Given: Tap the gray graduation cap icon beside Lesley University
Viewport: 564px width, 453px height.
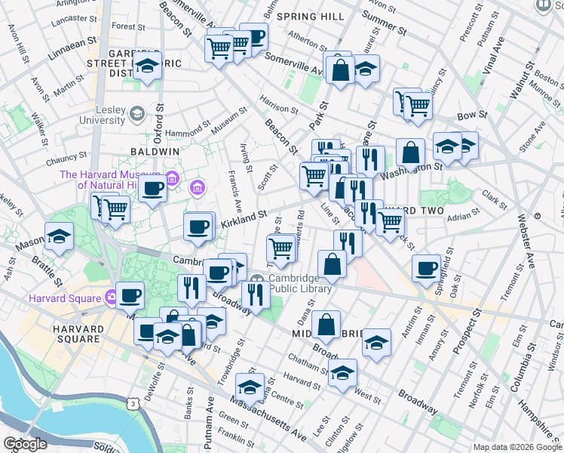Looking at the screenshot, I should click(x=136, y=114).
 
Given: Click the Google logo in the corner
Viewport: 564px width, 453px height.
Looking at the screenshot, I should click(x=25, y=444).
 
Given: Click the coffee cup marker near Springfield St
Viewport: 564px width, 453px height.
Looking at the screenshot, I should click(x=427, y=268).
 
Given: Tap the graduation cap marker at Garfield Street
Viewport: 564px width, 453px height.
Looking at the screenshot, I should click(x=148, y=66).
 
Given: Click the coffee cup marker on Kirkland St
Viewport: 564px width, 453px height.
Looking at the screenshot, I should click(x=199, y=226).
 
